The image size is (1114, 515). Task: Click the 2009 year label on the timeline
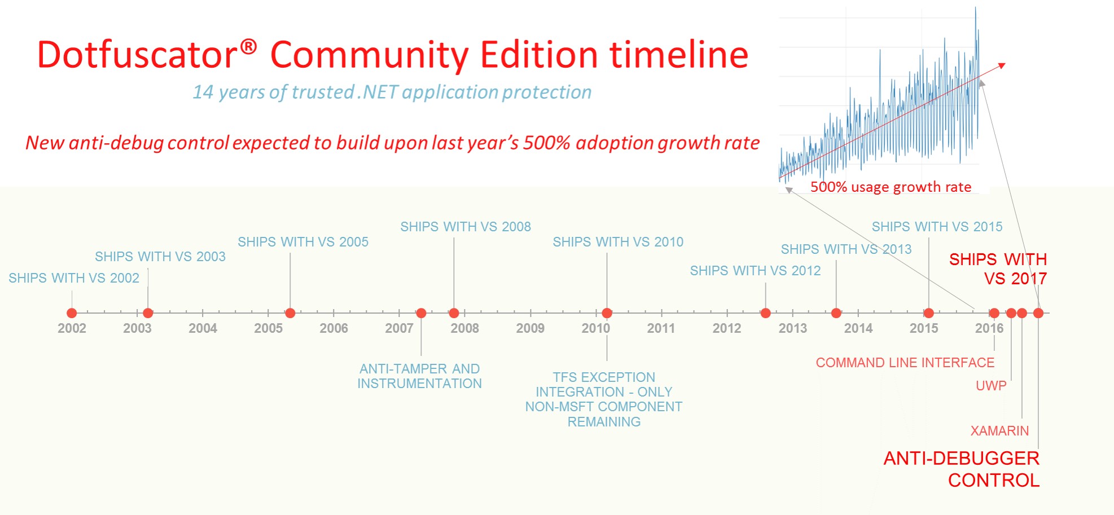(530, 328)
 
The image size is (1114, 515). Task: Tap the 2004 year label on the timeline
(203, 328)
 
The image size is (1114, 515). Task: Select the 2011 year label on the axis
(661, 328)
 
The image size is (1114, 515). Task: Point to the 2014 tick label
(858, 328)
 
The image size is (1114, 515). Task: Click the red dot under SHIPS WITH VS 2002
(72, 313)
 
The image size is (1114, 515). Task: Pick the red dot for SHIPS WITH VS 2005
(290, 313)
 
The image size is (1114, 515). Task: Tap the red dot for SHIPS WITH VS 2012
(766, 313)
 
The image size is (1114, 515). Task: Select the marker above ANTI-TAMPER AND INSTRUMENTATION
(421, 313)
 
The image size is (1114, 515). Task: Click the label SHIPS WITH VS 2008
(466, 227)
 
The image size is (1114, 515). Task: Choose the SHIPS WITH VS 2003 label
(160, 257)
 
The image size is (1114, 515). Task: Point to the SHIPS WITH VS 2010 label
(618, 242)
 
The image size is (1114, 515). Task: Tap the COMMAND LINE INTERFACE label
(905, 363)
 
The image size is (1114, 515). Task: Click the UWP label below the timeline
(991, 386)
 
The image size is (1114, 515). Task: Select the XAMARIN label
(999, 431)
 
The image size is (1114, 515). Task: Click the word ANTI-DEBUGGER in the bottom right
(962, 458)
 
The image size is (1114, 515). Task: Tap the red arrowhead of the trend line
(1002, 65)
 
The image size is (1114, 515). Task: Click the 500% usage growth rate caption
(891, 187)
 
